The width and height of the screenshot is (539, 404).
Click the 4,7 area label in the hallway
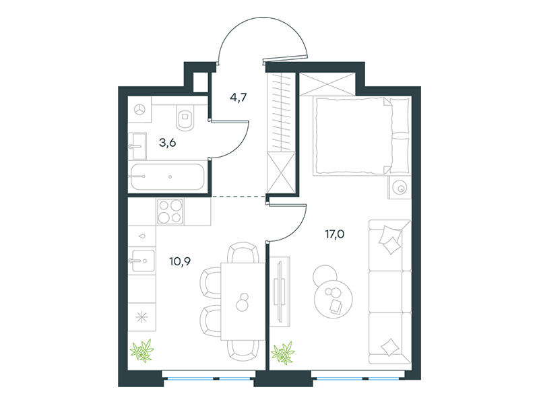click(239, 98)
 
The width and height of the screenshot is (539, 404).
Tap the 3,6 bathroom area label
click(167, 142)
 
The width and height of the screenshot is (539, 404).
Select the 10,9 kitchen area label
click(180, 262)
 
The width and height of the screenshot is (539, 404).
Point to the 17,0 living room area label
click(334, 234)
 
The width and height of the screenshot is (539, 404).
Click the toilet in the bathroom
click(185, 116)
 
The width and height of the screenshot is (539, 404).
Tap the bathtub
click(167, 176)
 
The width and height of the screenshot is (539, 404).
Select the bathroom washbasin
click(137, 146)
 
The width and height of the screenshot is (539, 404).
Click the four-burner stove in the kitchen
click(170, 211)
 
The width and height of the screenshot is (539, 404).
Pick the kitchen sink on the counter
click(142, 261)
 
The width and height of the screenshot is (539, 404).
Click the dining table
click(243, 301)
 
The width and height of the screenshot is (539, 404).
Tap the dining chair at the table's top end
click(243, 253)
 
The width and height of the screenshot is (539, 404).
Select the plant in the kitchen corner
click(141, 350)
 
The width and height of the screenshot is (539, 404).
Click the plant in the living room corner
click(282, 353)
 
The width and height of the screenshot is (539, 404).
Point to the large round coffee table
click(333, 300)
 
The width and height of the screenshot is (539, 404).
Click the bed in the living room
click(361, 136)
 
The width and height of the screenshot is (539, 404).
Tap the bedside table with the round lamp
click(400, 188)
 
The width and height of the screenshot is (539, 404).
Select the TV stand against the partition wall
click(280, 292)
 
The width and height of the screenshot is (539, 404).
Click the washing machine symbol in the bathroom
click(139, 110)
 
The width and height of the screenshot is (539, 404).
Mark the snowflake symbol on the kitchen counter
click(141, 317)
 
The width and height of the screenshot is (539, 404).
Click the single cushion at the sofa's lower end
click(390, 347)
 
